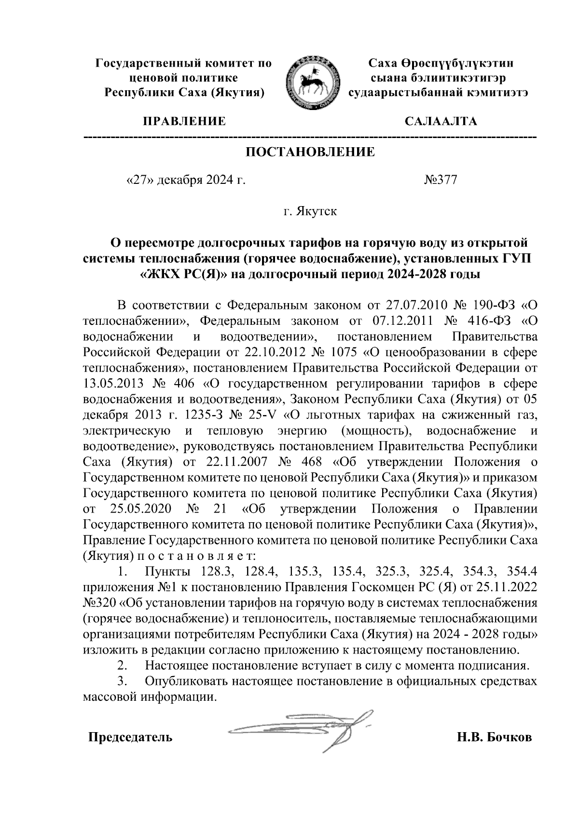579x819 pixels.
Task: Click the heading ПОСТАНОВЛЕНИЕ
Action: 311,153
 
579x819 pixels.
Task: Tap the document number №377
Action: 440,180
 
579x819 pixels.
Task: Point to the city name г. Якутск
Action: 310,211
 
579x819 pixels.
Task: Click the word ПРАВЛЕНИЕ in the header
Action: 183,121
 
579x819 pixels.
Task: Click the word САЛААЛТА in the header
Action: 441,121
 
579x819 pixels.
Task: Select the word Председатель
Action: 130,737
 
